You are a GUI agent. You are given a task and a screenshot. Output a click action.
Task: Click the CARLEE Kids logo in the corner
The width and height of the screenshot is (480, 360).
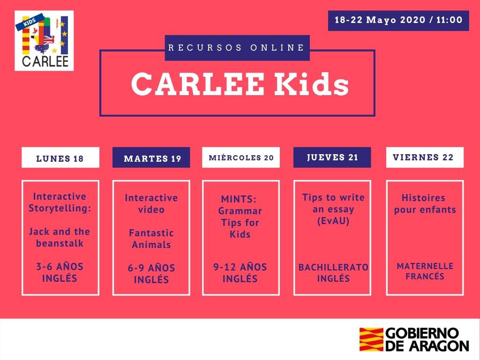[x=44, y=41]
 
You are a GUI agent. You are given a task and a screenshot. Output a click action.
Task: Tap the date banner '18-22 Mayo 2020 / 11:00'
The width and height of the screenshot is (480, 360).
[x=398, y=21]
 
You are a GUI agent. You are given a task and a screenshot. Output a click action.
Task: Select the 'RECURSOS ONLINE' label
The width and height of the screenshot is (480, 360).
[x=237, y=47]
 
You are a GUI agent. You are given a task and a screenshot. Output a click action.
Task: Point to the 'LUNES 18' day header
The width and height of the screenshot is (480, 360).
[x=60, y=158]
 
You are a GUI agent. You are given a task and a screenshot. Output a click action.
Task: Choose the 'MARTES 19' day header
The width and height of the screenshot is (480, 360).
[x=152, y=158]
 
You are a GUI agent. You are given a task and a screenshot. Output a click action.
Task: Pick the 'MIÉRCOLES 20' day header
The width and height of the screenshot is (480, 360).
[x=241, y=157]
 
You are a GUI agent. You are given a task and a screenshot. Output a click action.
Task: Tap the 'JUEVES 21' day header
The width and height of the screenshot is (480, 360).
[x=332, y=157]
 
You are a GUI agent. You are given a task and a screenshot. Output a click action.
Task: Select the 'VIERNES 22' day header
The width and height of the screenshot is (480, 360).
[x=423, y=157]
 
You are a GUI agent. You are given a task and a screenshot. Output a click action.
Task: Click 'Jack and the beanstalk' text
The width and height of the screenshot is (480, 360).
[x=60, y=238]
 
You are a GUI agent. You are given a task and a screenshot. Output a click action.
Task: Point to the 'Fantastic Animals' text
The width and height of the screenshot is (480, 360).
[x=151, y=239]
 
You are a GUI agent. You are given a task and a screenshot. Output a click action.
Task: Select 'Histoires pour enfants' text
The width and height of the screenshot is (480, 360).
[x=424, y=203]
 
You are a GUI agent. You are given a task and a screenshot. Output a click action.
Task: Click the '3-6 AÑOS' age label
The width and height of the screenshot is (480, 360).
[x=60, y=267]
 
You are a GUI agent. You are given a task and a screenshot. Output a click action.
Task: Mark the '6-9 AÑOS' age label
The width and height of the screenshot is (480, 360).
[x=151, y=269]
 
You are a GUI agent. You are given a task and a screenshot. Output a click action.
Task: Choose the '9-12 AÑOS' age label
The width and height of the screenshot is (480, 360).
[x=240, y=267]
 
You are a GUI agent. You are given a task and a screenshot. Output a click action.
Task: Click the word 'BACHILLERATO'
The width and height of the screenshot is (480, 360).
[x=333, y=267]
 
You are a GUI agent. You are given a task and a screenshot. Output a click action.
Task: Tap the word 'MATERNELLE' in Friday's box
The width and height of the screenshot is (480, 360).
[x=425, y=266]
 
